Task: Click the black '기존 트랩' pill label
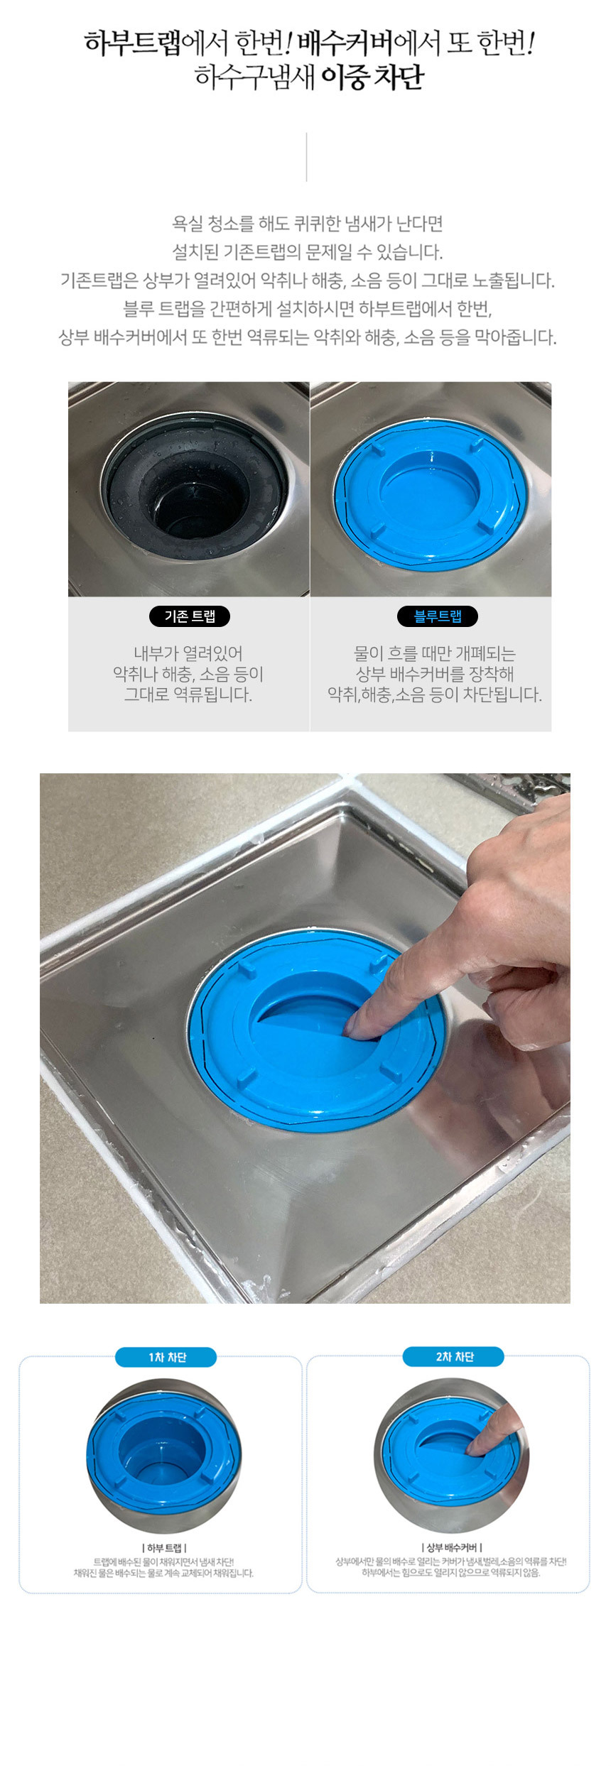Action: (x=190, y=616)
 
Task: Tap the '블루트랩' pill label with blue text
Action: (x=438, y=616)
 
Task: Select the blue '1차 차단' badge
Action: (x=166, y=1357)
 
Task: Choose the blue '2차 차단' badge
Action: (x=453, y=1356)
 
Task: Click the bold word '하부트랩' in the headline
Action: (x=133, y=43)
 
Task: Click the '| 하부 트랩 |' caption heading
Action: (x=165, y=1548)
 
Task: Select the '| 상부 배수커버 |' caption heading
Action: (x=452, y=1547)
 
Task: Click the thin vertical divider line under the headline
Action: (x=306, y=156)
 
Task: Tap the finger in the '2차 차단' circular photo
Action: (x=494, y=1433)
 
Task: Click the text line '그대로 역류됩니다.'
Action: (x=188, y=694)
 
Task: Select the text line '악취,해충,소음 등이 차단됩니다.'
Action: (x=435, y=694)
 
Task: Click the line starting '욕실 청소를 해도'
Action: (x=308, y=224)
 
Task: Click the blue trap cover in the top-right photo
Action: (x=431, y=494)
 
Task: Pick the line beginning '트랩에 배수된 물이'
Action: (x=163, y=1561)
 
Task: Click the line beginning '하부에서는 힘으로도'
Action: (x=451, y=1572)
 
